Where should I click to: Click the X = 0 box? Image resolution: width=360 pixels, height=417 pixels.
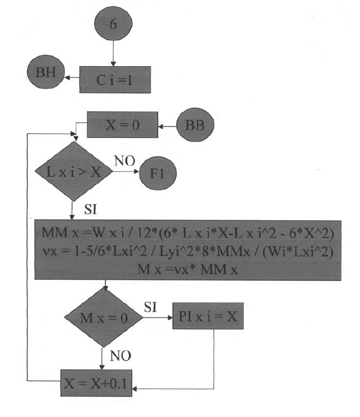pos(122,124)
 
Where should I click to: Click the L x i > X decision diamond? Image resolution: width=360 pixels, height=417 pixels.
pos(73,172)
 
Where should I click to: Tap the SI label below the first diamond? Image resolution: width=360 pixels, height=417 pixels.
pos(92,209)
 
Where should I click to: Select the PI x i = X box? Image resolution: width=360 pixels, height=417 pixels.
pos(208,317)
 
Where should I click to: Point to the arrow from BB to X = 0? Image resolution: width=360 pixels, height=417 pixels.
pos(168,127)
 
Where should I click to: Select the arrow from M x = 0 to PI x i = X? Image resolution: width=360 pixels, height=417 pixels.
pos(157,317)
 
